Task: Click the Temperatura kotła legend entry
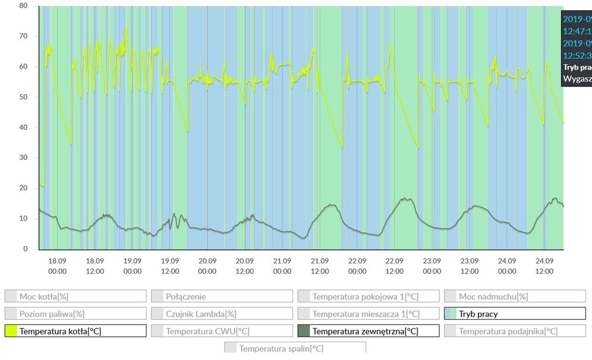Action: click(64, 331)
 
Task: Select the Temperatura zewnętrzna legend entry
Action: click(365, 331)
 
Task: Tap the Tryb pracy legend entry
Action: click(478, 314)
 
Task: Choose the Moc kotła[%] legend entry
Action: click(48, 297)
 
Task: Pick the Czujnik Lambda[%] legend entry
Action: click(201, 314)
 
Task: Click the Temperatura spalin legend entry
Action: click(281, 348)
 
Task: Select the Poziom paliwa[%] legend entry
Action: click(52, 314)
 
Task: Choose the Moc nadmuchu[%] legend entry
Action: click(493, 297)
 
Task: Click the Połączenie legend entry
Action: click(186, 297)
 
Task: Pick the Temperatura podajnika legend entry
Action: click(508, 331)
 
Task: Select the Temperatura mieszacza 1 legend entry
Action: click(366, 314)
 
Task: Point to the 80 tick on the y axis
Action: click(24, 6)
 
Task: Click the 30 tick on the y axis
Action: click(24, 157)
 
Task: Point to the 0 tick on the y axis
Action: click(25, 249)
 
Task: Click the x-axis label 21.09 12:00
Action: click(320, 266)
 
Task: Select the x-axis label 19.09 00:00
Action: click(133, 266)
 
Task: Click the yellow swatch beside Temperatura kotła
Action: click(11, 331)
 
